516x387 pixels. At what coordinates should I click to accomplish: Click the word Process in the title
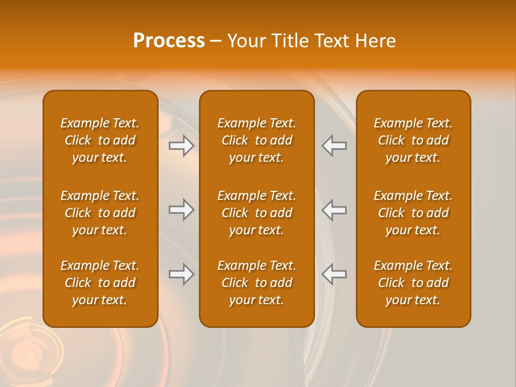[169, 41]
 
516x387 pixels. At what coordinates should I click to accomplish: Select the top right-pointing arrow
[182, 146]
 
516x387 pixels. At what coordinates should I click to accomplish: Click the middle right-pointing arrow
[182, 210]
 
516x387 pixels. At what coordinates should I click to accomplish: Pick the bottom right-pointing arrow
[182, 274]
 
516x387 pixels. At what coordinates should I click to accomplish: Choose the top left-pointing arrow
[334, 146]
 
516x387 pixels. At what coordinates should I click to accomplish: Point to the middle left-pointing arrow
[334, 210]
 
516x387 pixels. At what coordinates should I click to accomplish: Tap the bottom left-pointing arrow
[334, 274]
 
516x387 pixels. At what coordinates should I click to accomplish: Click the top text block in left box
[100, 140]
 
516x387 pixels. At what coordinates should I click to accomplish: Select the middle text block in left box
[100, 213]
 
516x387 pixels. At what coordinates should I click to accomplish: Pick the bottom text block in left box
[100, 283]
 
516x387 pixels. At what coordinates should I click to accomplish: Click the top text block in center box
[256, 140]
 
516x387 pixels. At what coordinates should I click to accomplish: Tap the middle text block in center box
[256, 213]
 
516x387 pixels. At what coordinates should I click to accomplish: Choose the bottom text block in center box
[256, 283]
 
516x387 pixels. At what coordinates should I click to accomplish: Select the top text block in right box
[413, 140]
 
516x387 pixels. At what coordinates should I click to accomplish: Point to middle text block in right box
[413, 213]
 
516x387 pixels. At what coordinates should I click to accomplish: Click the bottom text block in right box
[413, 283]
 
